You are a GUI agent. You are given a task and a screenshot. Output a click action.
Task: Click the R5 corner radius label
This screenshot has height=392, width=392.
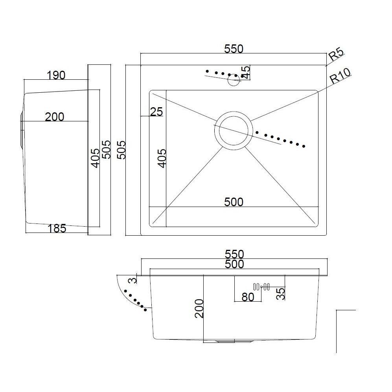[337, 55]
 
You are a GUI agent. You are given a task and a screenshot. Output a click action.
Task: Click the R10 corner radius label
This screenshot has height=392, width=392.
[340, 76]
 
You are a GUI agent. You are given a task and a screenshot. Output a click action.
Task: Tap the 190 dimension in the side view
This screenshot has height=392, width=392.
[56, 75]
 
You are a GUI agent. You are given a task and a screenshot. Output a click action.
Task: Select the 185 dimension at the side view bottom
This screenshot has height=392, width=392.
[57, 228]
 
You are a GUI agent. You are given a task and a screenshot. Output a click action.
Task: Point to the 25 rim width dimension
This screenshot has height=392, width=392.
[156, 112]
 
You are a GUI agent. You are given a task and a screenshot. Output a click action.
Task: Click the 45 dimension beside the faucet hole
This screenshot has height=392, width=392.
[246, 72]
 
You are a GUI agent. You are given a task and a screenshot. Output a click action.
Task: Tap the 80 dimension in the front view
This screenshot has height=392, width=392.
[248, 297]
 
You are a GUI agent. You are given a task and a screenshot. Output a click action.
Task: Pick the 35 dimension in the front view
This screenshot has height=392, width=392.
[280, 294]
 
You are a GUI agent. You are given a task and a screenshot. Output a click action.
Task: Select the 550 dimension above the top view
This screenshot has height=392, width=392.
[234, 49]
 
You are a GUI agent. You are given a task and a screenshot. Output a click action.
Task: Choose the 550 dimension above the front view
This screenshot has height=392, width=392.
[234, 254]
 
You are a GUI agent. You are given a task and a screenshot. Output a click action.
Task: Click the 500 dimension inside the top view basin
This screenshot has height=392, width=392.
[234, 202]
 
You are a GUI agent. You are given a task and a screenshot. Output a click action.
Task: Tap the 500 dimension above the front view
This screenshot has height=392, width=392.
[234, 264]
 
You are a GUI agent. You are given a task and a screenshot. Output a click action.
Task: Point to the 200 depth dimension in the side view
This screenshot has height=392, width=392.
[55, 117]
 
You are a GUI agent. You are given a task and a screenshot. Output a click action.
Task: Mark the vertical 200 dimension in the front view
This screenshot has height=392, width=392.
[199, 308]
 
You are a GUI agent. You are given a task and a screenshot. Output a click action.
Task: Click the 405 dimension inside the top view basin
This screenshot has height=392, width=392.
[162, 158]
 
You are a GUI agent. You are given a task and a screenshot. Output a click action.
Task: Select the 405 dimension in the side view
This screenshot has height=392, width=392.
[95, 158]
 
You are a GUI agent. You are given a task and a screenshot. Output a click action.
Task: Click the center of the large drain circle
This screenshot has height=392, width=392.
[234, 130]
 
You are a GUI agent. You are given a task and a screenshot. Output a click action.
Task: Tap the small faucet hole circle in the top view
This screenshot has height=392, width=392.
[234, 80]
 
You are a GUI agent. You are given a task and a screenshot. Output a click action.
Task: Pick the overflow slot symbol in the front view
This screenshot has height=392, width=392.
[261, 287]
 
